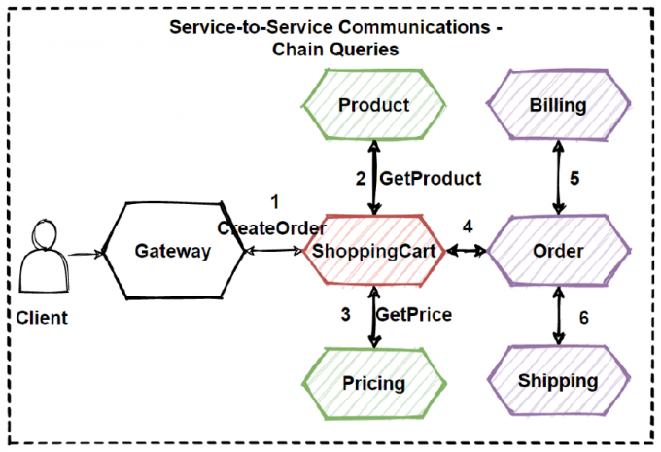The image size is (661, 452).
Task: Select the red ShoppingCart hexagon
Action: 374,252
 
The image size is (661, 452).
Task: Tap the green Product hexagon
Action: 374,105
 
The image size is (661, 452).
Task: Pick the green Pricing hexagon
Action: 374,382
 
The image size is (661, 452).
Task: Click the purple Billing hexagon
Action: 558,105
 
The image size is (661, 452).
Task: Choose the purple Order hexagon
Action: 558,252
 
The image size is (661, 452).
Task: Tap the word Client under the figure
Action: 42,317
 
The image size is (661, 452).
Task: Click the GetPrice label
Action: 415,314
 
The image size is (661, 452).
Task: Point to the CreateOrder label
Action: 271,228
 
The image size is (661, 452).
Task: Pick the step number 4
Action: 468,227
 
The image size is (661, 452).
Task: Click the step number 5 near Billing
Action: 574,179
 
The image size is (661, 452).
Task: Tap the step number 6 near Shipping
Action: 583,317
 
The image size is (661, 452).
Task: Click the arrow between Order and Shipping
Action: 558,314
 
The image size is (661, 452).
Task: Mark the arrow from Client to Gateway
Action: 85,253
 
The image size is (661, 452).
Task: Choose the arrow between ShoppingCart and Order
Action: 468,252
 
